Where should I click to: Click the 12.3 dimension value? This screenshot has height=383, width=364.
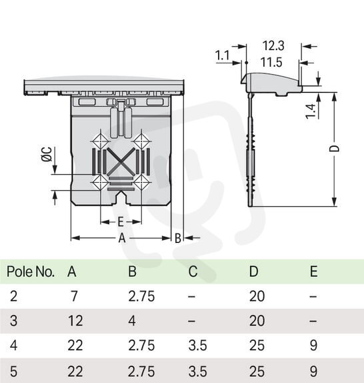pos(273,45)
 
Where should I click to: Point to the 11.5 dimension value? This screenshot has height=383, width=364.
pos(271,62)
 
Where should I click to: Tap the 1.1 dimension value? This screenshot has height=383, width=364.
pos(222,55)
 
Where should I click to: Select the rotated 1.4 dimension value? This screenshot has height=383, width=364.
pos(311,111)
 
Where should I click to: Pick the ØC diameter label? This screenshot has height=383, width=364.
pos(47,154)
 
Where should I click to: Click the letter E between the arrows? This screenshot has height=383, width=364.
pos(121,222)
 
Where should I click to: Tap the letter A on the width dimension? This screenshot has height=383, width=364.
pos(122,238)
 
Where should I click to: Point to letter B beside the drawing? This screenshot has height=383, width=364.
pos(178,238)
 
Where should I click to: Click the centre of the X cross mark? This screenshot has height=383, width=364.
pos(121,162)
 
